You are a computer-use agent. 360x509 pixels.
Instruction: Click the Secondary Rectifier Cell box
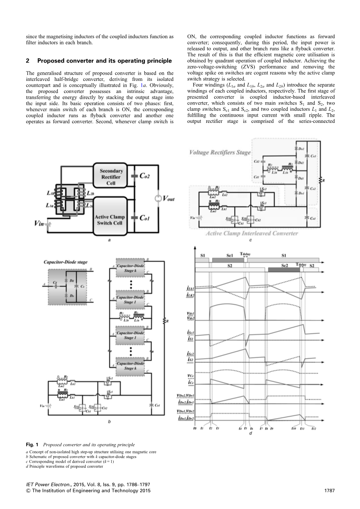click(111, 177)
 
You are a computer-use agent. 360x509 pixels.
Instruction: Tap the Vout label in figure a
click(168, 199)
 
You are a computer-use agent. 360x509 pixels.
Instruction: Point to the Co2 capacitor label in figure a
click(144, 176)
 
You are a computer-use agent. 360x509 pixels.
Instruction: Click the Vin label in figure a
click(39, 223)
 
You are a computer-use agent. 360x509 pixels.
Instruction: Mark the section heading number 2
click(27, 61)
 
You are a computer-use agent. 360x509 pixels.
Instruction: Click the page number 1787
click(329, 491)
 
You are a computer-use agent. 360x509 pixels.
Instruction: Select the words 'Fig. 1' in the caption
click(32, 444)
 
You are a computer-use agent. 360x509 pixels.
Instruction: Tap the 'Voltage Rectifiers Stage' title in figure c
click(220, 152)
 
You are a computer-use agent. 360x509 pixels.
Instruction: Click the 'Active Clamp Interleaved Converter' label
click(251, 233)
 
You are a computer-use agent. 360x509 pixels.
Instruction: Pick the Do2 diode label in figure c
click(301, 149)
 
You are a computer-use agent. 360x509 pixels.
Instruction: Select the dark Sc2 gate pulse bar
click(284, 269)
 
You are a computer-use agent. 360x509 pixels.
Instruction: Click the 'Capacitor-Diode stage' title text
click(66, 262)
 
